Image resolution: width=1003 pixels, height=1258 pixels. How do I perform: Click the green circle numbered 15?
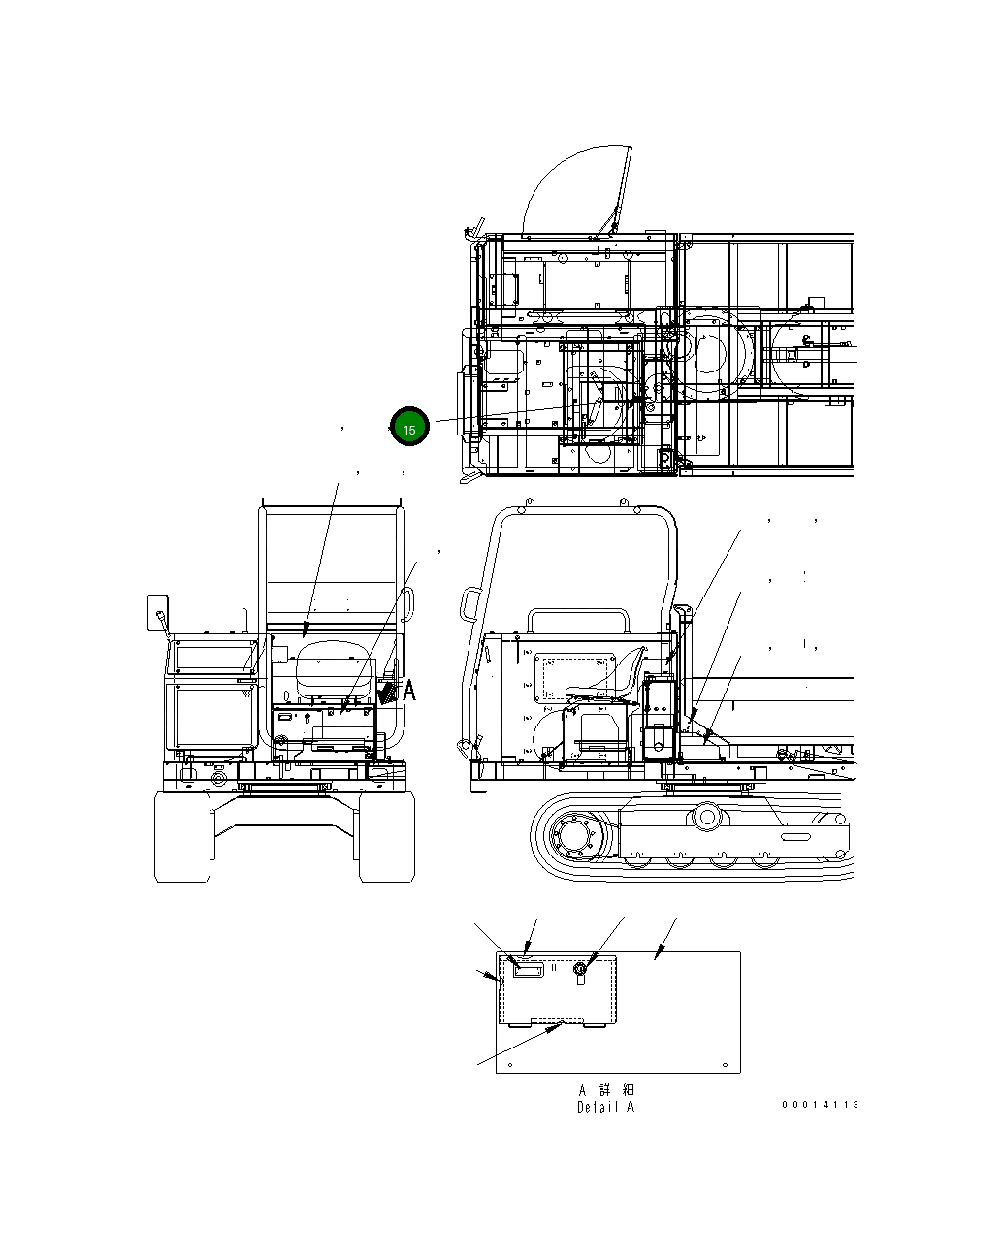point(408,427)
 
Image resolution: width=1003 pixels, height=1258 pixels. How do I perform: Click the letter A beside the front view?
point(409,691)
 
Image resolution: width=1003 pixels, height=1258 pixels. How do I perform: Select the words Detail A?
point(605,1107)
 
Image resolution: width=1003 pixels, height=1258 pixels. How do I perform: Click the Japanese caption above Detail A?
point(606,1090)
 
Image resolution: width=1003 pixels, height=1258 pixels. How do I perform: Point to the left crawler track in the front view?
point(182,836)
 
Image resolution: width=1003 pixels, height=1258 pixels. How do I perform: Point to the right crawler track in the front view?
point(387,836)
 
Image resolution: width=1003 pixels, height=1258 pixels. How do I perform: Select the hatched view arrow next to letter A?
point(389,691)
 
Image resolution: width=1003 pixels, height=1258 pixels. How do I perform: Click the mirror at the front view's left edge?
point(156,612)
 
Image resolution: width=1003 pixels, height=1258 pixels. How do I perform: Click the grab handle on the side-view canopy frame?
point(469,606)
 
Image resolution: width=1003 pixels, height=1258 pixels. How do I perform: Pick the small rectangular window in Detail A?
point(528,969)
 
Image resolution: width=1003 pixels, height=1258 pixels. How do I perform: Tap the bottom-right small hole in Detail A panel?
point(727,1062)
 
